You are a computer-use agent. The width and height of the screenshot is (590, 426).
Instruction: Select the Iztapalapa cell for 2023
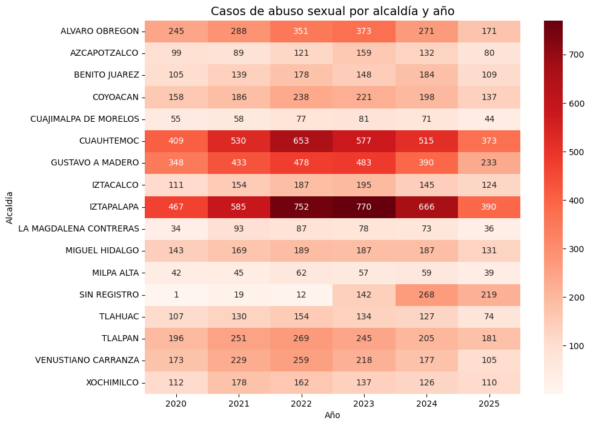coord(363,207)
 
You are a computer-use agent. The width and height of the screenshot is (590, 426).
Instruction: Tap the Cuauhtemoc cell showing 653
coord(301,141)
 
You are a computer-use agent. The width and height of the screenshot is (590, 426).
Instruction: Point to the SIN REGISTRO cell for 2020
coord(176,295)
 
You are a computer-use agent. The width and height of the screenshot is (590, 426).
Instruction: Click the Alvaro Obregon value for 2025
coord(488,31)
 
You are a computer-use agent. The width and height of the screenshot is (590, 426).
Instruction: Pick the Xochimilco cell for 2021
coord(239,382)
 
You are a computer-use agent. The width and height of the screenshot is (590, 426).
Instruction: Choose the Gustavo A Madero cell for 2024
coord(426,162)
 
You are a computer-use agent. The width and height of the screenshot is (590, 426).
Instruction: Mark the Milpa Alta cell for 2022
coord(301,273)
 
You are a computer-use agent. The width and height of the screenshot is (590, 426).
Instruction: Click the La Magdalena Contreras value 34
coord(176,228)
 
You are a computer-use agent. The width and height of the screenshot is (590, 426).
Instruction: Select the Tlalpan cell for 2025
coord(488,338)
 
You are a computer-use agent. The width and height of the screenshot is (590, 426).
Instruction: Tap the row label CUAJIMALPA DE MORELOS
coord(84,119)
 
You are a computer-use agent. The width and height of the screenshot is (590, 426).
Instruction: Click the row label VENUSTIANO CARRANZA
coord(87,361)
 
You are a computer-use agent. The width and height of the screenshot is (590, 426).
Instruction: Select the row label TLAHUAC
coord(119,316)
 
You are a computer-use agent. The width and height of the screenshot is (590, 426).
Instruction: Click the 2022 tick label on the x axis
coord(301,404)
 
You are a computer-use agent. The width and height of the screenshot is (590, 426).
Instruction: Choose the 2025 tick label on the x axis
coord(488,404)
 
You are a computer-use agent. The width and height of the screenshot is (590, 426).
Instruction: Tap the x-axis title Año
coord(332,416)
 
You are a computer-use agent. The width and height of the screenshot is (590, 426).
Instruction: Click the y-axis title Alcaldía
coord(10,207)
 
